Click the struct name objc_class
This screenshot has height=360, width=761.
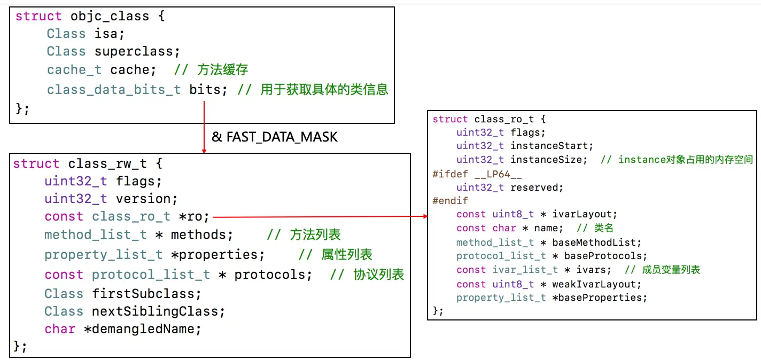110,16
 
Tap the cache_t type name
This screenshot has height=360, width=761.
74,69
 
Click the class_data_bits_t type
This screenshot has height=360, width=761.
114,89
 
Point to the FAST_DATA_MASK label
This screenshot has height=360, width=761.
282,137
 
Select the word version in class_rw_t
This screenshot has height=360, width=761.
146,199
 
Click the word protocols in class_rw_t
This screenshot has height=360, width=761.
273,275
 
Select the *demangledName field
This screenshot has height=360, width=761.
143,329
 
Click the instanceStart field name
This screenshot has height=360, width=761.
552,145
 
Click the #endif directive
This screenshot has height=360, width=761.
450,201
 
